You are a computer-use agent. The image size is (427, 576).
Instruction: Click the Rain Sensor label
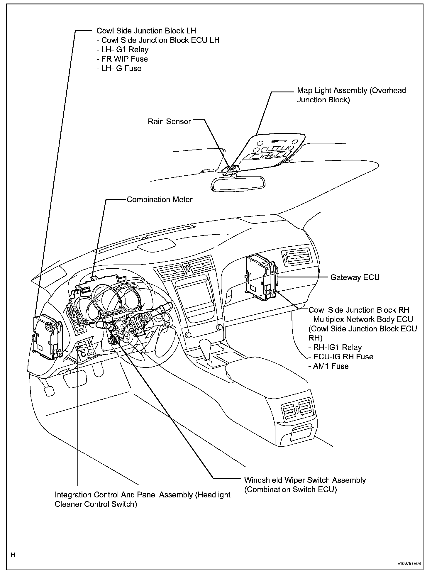[169, 121]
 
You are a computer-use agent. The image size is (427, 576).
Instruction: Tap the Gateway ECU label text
[355, 277]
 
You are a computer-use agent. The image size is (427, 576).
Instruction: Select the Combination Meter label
[160, 200]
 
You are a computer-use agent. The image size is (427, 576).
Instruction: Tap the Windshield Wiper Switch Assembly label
[305, 480]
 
